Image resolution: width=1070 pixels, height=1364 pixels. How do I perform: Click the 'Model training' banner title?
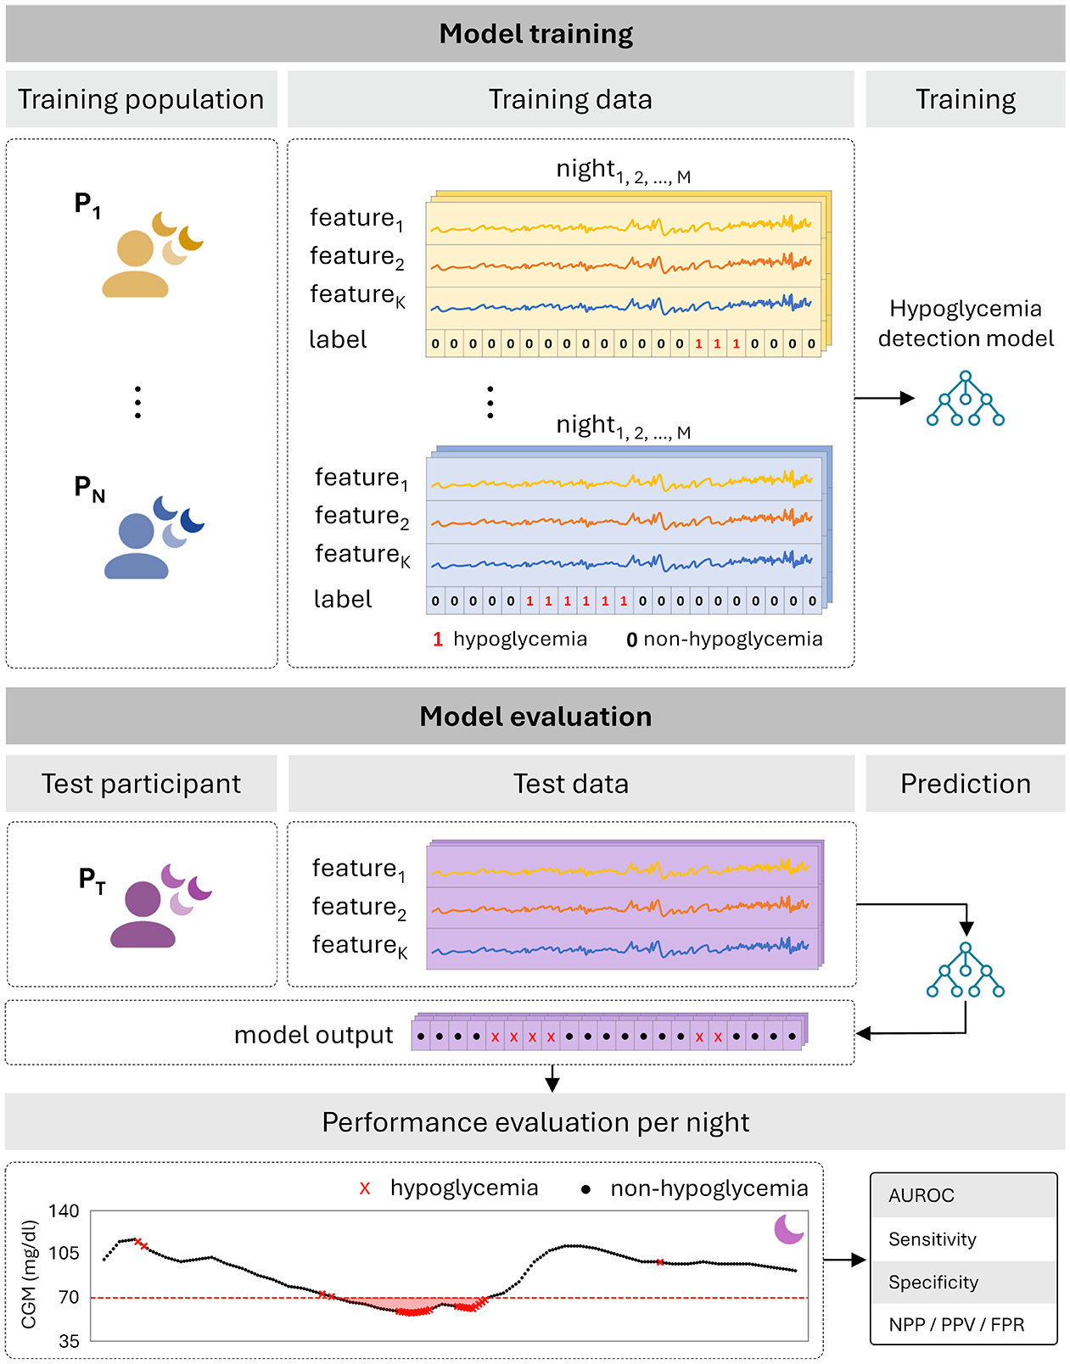coord(535,34)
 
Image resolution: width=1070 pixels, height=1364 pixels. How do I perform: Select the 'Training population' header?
coord(142,99)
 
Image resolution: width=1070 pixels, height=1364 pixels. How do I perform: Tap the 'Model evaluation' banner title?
coord(535,716)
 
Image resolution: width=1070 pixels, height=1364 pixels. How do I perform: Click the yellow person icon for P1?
coord(135,264)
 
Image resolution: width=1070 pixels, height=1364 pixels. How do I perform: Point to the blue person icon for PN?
coord(137,545)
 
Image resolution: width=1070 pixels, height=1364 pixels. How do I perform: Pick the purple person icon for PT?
coord(143,914)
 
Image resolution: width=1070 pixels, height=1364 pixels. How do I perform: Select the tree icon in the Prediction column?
coord(965,970)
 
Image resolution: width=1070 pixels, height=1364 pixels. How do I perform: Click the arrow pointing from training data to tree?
coord(884,398)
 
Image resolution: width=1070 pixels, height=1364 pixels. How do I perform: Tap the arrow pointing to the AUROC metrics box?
coord(844,1259)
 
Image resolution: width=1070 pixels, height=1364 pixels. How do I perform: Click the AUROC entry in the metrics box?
coord(921,1195)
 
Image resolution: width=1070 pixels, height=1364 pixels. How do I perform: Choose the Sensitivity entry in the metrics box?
coord(932,1239)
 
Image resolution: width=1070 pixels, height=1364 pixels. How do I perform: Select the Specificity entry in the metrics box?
coord(933,1282)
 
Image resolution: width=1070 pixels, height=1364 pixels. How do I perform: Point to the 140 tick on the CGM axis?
coord(64,1210)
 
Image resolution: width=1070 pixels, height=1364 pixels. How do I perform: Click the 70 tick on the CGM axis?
coord(69,1297)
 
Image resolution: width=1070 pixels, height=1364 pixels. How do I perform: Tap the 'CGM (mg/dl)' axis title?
coord(29,1274)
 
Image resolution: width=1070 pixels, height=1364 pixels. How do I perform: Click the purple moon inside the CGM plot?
coord(788,1228)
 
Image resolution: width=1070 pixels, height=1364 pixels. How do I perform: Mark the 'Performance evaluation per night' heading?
coord(535,1121)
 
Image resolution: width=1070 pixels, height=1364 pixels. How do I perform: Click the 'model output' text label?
coord(313,1035)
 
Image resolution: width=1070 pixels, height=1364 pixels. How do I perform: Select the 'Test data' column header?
coord(571,784)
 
